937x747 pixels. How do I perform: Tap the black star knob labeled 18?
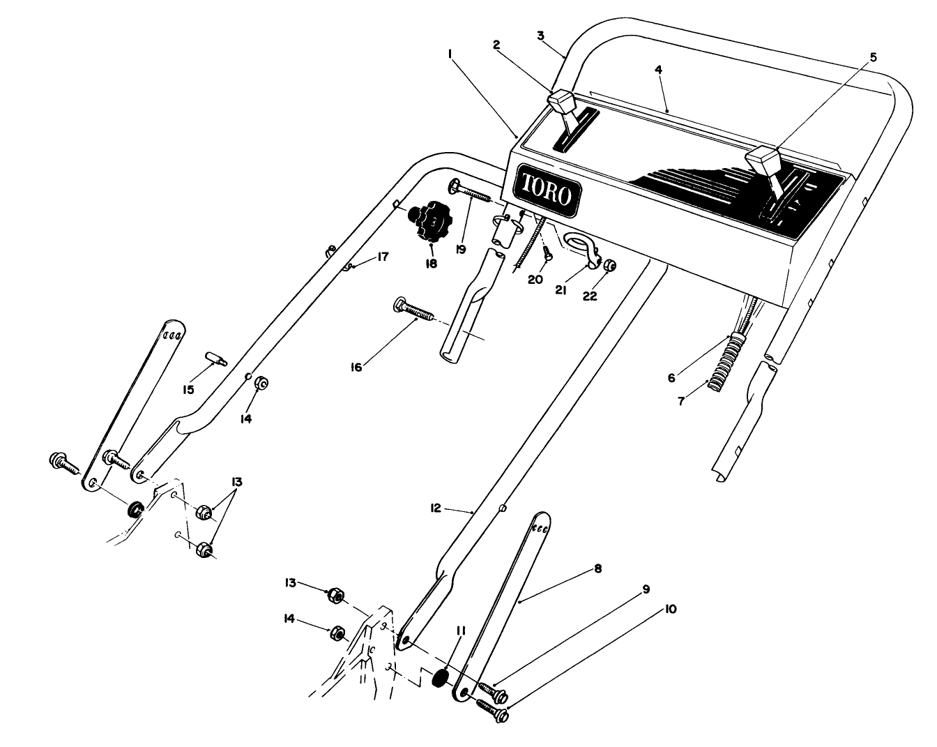click(x=430, y=222)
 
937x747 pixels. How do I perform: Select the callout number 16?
click(x=356, y=367)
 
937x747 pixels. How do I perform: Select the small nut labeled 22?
click(x=608, y=265)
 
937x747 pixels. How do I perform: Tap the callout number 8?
click(x=596, y=569)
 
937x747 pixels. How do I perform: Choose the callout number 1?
click(x=451, y=52)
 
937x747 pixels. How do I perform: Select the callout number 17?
click(x=383, y=257)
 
